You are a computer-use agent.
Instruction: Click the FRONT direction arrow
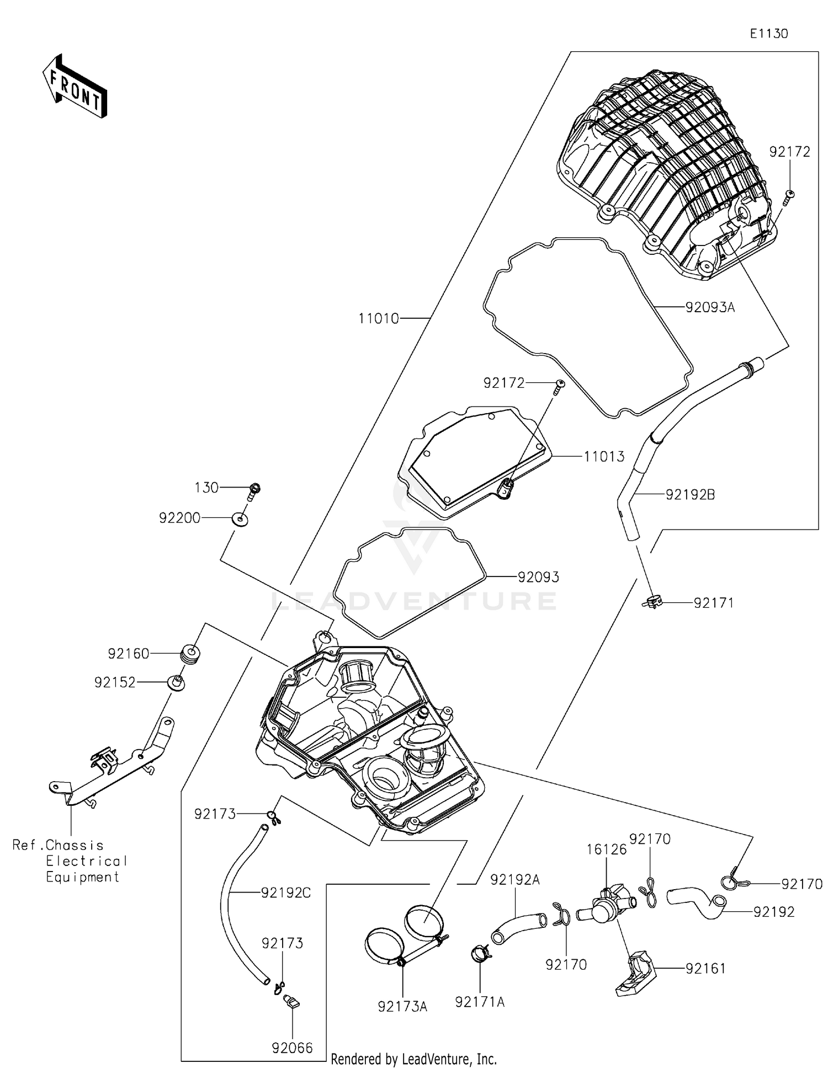(75, 87)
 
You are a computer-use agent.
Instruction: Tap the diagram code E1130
(768, 34)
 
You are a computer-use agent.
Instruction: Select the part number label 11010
(378, 318)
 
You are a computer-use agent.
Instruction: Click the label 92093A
(710, 308)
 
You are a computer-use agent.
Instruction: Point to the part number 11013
(604, 457)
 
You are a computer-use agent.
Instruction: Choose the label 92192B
(690, 495)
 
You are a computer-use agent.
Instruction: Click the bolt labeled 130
(254, 490)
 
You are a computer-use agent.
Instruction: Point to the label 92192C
(286, 892)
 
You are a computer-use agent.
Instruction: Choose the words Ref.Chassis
(58, 845)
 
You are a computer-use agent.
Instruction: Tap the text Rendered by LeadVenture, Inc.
(413, 1059)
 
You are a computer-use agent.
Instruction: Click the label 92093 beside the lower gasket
(538, 577)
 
